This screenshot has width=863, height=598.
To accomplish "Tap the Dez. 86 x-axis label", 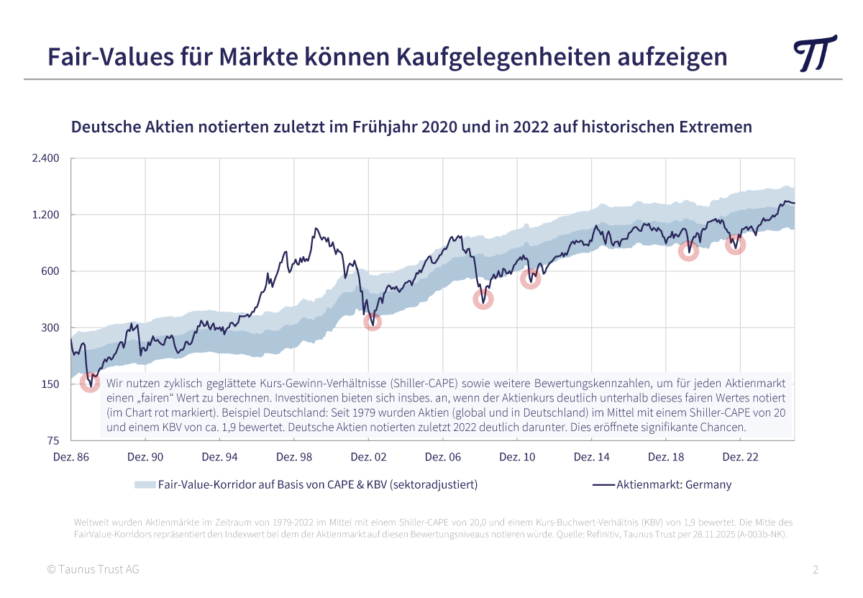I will [71, 457].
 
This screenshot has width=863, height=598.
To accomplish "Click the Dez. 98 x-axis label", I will [294, 457].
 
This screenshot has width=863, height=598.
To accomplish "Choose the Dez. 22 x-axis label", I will [740, 457].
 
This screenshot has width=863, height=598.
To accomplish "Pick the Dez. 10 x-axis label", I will [517, 457].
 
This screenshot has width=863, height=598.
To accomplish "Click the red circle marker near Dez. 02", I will [372, 321].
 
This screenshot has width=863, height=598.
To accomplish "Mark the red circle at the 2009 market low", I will [483, 299].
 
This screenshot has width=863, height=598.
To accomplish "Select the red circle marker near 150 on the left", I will [90, 381].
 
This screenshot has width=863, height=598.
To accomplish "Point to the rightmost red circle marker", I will [735, 245].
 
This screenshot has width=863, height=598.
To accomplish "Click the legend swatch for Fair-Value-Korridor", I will [145, 484].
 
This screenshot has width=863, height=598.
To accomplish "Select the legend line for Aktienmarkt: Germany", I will [603, 484].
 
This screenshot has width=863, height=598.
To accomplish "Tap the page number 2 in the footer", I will [816, 570].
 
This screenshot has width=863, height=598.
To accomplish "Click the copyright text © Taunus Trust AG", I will [93, 570].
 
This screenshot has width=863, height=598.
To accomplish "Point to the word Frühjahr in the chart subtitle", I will [381, 127].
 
